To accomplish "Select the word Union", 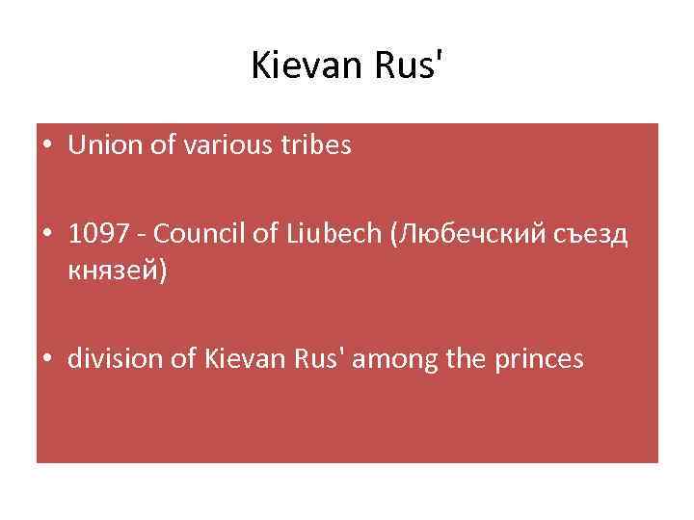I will point(101,146).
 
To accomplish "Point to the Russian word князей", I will point(114,271).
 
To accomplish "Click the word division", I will point(112,359).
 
